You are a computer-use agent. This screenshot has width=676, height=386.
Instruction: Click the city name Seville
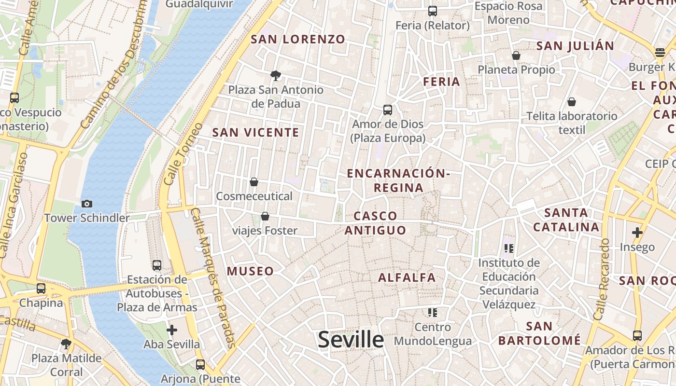click(351, 340)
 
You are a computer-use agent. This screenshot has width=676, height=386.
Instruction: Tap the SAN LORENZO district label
click(298, 40)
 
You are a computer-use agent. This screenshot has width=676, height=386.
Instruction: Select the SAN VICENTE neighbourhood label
click(256, 132)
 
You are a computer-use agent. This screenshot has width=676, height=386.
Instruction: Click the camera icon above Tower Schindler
click(87, 204)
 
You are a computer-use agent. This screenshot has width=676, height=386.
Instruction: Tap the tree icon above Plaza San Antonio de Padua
click(276, 75)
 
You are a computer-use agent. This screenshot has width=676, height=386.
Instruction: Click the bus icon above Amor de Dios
click(388, 110)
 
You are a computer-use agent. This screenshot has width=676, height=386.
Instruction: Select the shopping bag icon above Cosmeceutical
click(254, 182)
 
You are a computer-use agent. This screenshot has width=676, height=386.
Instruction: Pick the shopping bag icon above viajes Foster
click(265, 216)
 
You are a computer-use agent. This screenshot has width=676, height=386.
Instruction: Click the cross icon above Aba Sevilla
click(172, 330)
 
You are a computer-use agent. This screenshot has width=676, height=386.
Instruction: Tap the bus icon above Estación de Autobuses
click(157, 265)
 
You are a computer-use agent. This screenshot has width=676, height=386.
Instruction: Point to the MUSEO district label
click(250, 271)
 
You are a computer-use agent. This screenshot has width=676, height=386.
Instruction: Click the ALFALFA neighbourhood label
click(407, 277)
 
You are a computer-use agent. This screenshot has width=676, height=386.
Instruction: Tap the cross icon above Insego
click(637, 233)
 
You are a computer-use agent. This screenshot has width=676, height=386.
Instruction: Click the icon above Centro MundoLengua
click(433, 313)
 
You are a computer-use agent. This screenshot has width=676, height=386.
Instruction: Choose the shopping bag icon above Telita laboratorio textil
click(572, 102)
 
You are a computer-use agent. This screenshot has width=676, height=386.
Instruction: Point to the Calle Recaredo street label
click(602, 280)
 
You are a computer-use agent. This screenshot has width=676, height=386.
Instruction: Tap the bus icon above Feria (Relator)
click(433, 11)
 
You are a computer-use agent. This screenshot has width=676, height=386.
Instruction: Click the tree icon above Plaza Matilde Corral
click(66, 344)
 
